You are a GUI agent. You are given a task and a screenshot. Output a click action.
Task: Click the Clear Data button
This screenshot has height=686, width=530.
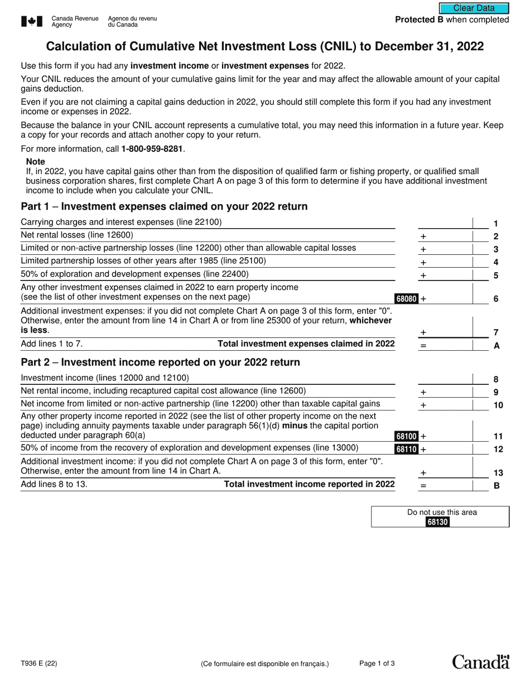tap(474, 8)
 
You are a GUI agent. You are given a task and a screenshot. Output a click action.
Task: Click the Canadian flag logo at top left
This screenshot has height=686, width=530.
tap(32, 21)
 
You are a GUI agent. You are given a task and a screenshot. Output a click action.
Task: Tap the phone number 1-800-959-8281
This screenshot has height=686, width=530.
tap(152, 149)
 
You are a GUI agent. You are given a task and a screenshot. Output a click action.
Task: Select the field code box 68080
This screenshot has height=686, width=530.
tap(407, 299)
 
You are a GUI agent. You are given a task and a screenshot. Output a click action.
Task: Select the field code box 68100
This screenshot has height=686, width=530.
tap(407, 436)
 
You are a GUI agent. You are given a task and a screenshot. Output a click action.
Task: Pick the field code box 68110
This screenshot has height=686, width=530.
tap(407, 449)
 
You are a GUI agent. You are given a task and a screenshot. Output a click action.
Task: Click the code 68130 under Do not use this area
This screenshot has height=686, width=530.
tap(437, 522)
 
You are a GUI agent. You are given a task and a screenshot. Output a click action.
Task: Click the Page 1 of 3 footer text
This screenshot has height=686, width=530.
tap(377, 664)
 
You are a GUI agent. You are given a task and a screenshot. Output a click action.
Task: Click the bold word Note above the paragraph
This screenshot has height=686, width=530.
tap(35, 162)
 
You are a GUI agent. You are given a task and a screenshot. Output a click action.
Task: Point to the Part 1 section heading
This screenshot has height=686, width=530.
tap(164, 206)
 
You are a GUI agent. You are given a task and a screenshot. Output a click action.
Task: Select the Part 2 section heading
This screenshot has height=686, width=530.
tap(160, 363)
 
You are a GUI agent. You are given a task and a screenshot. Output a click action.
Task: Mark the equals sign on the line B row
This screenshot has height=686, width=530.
tap(423, 486)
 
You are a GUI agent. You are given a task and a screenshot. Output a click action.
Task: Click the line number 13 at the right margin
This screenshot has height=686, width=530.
tap(498, 473)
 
